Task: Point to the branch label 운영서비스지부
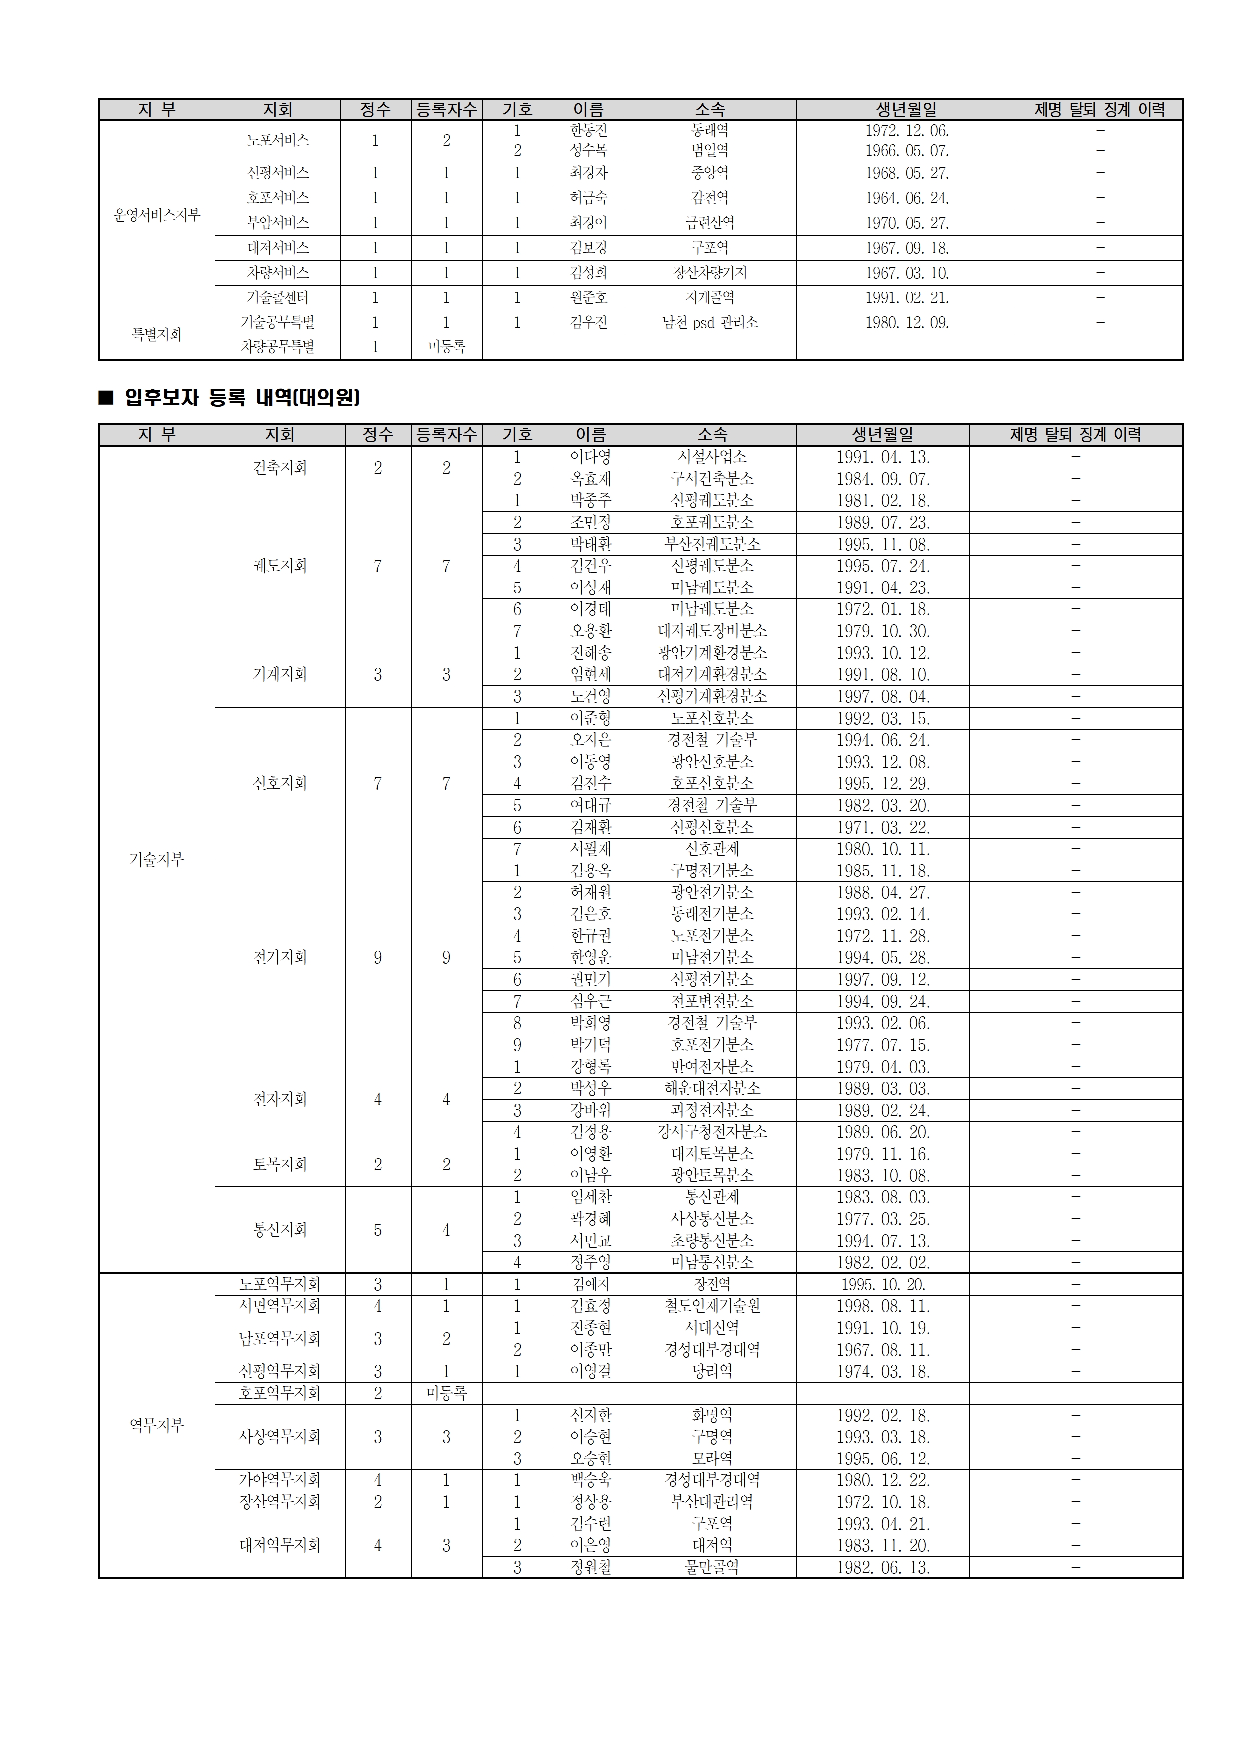click(x=156, y=215)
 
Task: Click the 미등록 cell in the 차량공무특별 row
click(x=446, y=347)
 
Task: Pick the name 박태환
click(x=591, y=544)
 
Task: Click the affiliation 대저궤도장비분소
click(x=712, y=631)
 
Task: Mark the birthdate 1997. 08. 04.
click(x=883, y=696)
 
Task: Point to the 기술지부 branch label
click(x=156, y=860)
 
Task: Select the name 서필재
click(x=591, y=849)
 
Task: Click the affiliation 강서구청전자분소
click(x=712, y=1132)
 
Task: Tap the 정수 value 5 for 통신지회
click(x=377, y=1230)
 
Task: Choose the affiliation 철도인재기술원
click(x=712, y=1306)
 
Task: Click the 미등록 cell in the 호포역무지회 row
click(x=446, y=1393)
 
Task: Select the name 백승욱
click(x=591, y=1479)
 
